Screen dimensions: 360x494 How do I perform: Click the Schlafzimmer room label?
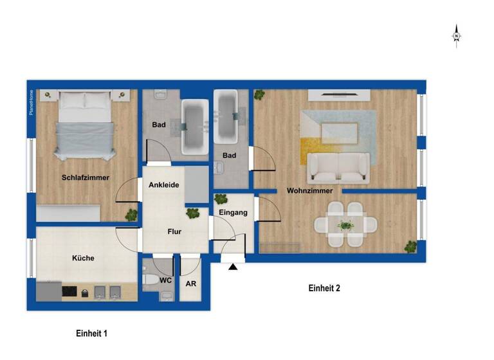click(86, 177)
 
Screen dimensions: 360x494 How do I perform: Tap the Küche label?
click(83, 258)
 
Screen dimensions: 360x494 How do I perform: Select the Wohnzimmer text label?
click(309, 191)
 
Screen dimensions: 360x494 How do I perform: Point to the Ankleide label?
click(163, 185)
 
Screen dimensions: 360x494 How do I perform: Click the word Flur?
click(175, 232)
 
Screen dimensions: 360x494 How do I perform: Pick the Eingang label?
click(233, 212)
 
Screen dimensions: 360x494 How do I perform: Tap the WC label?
click(165, 280)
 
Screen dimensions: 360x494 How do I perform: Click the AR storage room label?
click(190, 283)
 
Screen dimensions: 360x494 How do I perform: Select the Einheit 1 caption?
click(91, 333)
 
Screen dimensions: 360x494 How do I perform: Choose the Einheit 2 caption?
click(324, 288)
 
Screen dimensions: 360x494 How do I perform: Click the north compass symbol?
click(456, 35)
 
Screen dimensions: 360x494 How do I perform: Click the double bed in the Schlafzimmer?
click(85, 125)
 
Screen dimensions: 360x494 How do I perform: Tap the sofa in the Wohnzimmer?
click(338, 167)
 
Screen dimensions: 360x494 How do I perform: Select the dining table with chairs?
click(345, 225)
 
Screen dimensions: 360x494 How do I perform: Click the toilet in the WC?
click(151, 280)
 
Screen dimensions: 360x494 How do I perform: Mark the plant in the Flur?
click(192, 213)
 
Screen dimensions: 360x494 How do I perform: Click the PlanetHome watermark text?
click(31, 103)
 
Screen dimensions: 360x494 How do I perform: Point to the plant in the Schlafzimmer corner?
click(131, 214)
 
